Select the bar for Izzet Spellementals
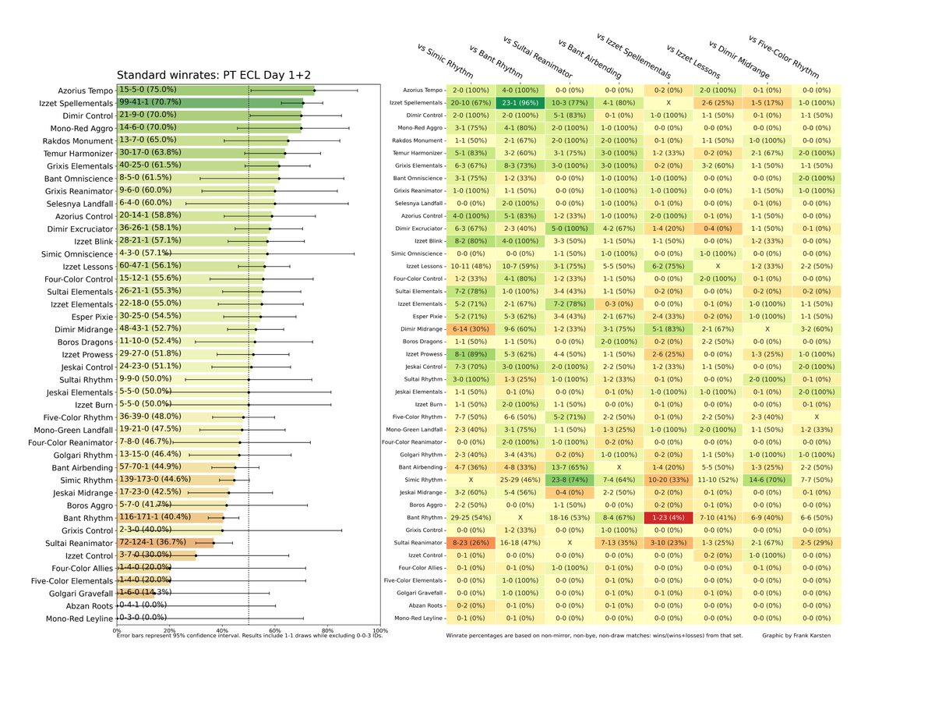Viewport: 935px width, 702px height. click(210, 102)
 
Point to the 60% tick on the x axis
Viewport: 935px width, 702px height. click(275, 630)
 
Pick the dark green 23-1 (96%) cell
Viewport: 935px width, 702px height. click(515, 103)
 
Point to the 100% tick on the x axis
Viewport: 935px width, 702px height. click(380, 630)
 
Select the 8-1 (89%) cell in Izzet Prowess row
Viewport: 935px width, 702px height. click(467, 354)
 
